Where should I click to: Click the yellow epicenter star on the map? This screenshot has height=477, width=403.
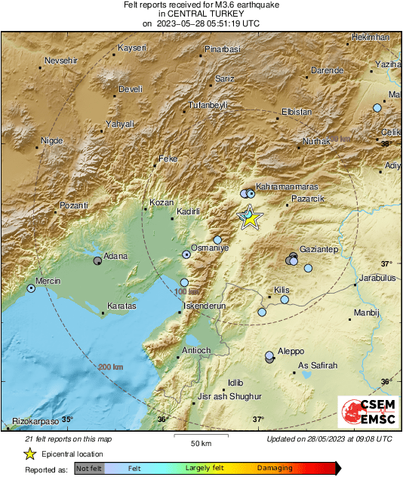pyautogui.click(x=250, y=219)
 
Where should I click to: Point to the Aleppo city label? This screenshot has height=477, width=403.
pyautogui.click(x=291, y=352)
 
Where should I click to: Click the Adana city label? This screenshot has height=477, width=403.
pyautogui.click(x=115, y=256)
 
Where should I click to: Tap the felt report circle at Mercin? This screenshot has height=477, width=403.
pyautogui.click(x=31, y=288)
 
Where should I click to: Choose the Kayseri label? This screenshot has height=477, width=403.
pyautogui.click(x=131, y=48)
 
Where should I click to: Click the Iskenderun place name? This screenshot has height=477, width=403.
pyautogui.click(x=205, y=307)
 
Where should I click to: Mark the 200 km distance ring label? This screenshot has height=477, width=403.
pyautogui.click(x=110, y=368)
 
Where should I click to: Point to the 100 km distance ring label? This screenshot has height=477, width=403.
pyautogui.click(x=187, y=291)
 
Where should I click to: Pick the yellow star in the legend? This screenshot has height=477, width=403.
pyautogui.click(x=29, y=454)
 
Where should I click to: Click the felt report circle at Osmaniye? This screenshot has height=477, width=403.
pyautogui.click(x=186, y=255)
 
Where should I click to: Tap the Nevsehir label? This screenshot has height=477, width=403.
pyautogui.click(x=63, y=60)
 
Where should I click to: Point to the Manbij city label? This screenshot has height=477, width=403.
pyautogui.click(x=368, y=312)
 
